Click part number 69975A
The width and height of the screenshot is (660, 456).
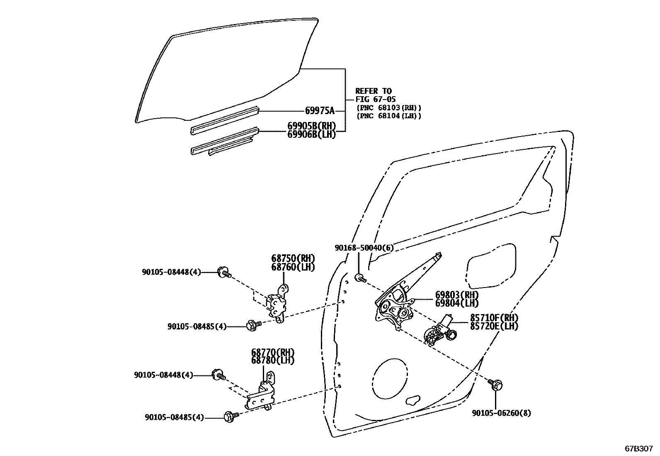pyautogui.click(x=319, y=111)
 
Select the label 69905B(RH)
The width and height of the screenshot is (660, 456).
pyautogui.click(x=311, y=126)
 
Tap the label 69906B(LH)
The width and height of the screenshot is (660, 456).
pyautogui.click(x=311, y=134)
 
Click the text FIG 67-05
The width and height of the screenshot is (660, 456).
pyautogui.click(x=376, y=99)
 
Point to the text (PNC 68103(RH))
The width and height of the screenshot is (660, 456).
pyautogui.click(x=389, y=108)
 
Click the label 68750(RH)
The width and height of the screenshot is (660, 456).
pyautogui.click(x=293, y=258)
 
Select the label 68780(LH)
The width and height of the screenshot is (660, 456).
pyautogui.click(x=272, y=361)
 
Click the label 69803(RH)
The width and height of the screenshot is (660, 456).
pyautogui.click(x=456, y=295)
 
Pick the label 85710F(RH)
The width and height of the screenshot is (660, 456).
pyautogui.click(x=494, y=318)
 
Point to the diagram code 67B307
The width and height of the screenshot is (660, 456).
pyautogui.click(x=639, y=449)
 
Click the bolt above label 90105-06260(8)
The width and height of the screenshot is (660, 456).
pyautogui.click(x=495, y=384)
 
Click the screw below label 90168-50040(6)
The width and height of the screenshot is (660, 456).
pyautogui.click(x=360, y=278)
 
